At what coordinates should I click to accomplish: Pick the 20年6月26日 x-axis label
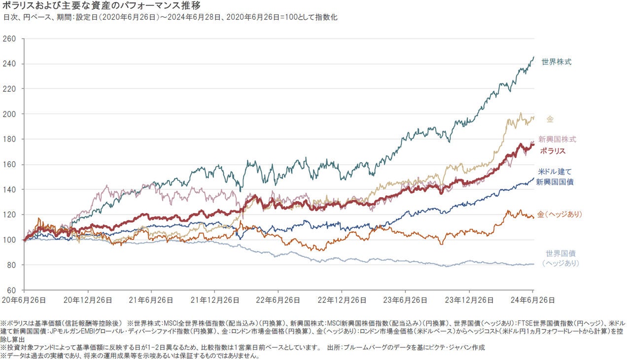(24, 300)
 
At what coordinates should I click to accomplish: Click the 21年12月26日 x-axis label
(214, 300)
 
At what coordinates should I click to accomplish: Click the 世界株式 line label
(557, 62)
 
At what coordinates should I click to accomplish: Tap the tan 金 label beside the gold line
(550, 119)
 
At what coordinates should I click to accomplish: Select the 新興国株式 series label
(557, 140)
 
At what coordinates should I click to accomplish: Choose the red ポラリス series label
(552, 151)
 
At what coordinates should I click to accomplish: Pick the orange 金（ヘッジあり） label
(560, 215)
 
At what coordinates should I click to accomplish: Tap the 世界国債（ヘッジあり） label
(560, 258)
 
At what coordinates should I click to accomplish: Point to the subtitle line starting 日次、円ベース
(170, 17)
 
